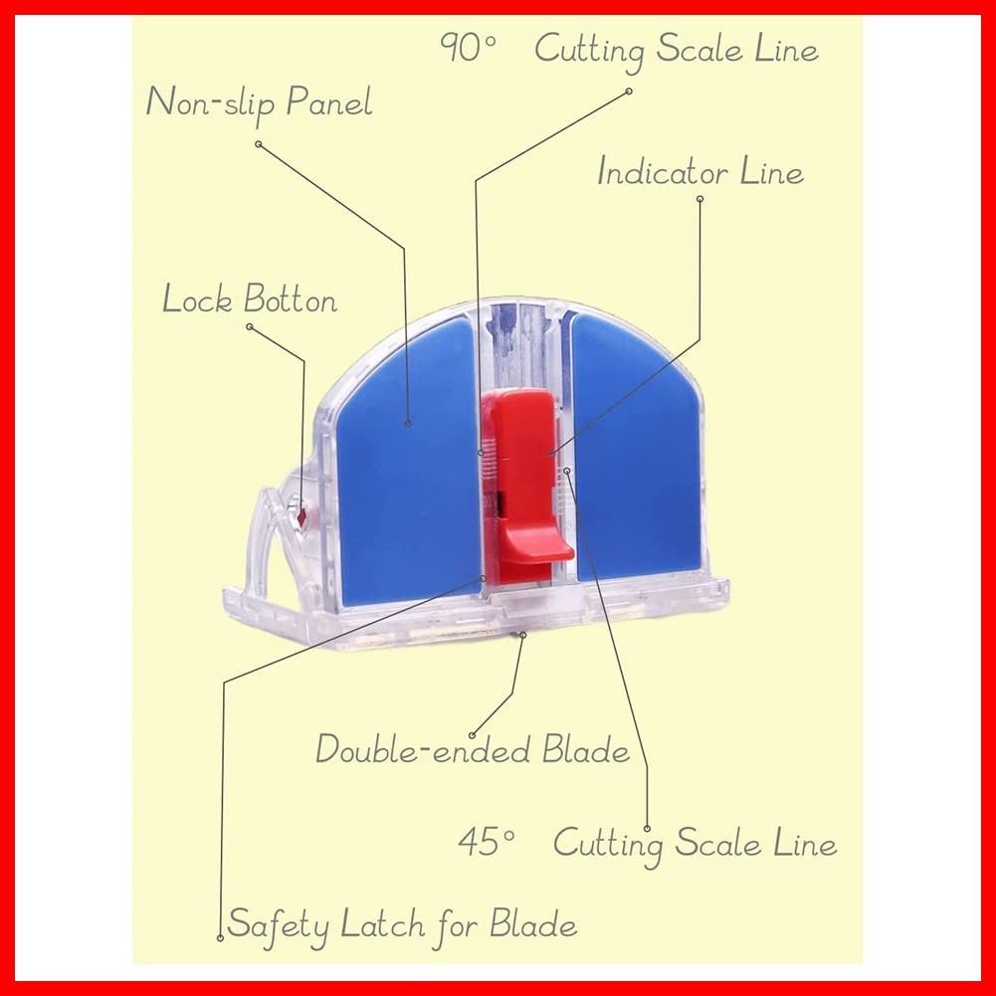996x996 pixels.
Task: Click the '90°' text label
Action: [x=467, y=48]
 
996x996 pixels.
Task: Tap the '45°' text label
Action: [x=486, y=842]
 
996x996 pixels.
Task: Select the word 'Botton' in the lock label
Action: [x=291, y=299]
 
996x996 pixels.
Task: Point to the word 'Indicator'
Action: [x=663, y=172]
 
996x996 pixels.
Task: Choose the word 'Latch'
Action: [x=382, y=924]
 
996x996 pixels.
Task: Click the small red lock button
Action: [x=301, y=515]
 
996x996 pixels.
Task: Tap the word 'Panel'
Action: [x=328, y=102]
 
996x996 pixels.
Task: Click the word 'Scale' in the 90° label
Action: [x=698, y=49]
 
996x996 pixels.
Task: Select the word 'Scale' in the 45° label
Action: [x=717, y=843]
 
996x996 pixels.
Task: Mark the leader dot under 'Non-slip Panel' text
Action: [x=259, y=144]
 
